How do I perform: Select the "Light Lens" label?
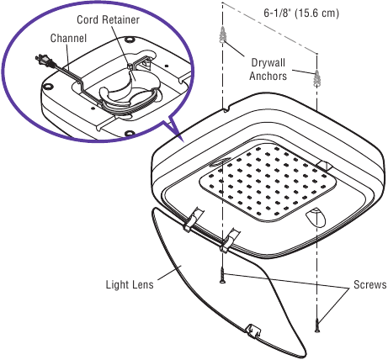click(130, 284)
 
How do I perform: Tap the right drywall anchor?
click(318, 78)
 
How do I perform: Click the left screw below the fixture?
click(222, 275)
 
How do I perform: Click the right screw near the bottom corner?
click(317, 323)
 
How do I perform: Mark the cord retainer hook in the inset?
click(135, 66)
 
